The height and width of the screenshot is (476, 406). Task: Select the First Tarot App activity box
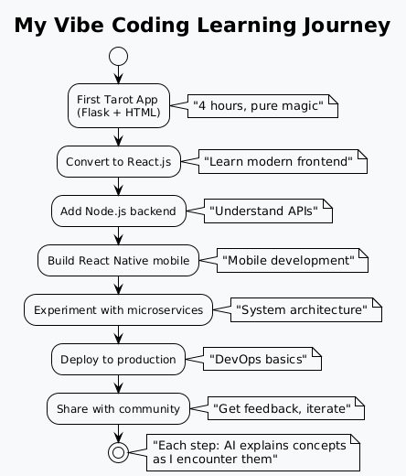point(119,105)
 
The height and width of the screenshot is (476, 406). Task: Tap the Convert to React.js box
point(119,161)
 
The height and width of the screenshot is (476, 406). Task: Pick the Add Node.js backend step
point(119,211)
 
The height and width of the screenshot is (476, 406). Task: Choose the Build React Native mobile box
point(119,260)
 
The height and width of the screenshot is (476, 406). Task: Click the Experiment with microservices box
point(119,309)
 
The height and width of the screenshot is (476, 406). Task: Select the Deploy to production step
point(118,359)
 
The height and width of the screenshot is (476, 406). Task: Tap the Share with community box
point(118,408)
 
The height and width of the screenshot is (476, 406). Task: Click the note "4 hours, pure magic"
point(262,106)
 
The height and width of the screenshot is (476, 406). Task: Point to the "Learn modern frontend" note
point(283,161)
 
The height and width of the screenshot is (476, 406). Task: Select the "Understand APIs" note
point(268,211)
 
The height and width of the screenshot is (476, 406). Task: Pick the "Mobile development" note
point(293,260)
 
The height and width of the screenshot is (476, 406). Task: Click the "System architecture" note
point(306,309)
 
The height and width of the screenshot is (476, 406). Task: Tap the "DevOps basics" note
point(262,359)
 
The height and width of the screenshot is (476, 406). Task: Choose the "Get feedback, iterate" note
point(286,408)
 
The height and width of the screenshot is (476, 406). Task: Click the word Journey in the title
point(347,26)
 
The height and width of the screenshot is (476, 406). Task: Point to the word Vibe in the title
point(79,25)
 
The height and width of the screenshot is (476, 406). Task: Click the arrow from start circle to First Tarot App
point(118,74)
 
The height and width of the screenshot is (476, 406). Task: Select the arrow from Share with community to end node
point(118,433)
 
